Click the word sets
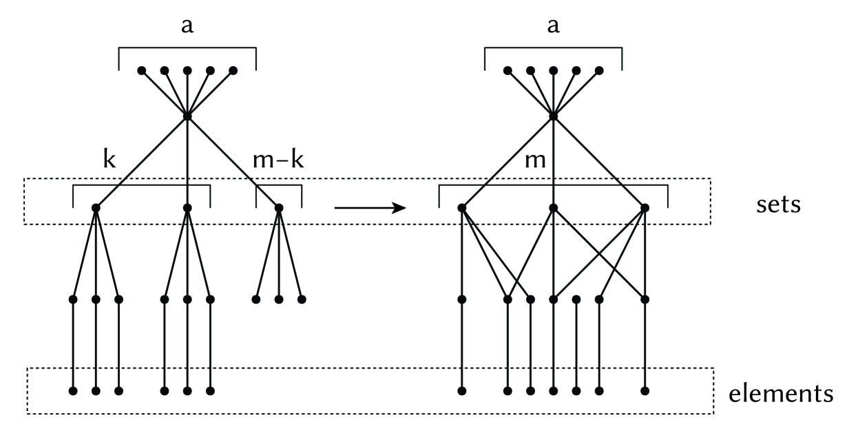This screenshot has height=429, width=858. [x=776, y=205]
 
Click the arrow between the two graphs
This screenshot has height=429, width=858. [x=369, y=207]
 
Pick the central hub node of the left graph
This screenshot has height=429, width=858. [x=187, y=116]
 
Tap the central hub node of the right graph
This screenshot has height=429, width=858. [x=553, y=116]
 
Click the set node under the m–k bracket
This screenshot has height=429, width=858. [x=279, y=207]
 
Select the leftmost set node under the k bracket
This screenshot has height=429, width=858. [x=96, y=207]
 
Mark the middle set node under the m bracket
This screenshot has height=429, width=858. [x=553, y=207]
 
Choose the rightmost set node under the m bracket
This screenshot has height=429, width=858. [x=645, y=207]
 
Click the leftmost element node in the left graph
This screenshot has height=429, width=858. [x=73, y=391]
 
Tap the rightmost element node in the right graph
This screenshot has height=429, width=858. [x=645, y=391]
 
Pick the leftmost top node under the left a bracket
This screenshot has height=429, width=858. [x=142, y=70]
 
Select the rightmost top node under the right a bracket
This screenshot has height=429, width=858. [x=599, y=70]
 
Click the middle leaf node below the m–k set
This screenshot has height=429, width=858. [x=279, y=300]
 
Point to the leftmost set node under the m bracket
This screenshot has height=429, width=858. [x=462, y=207]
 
